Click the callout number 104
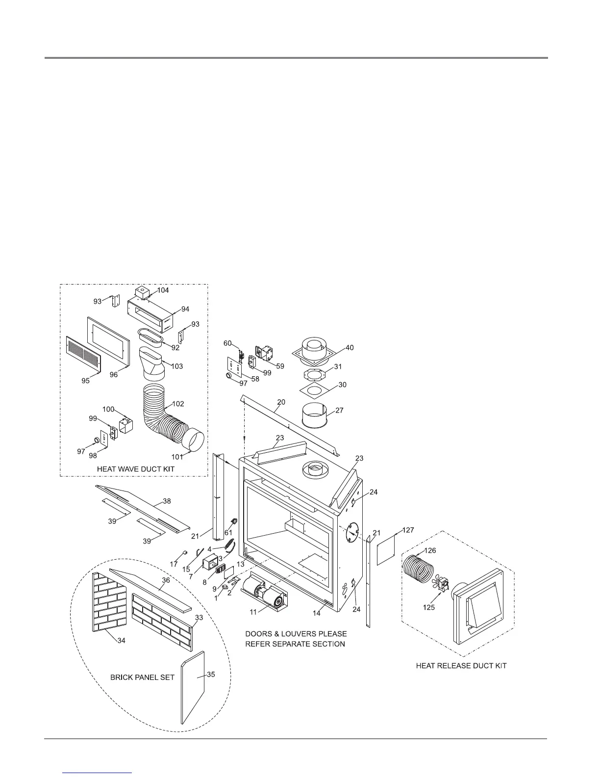click(x=163, y=290)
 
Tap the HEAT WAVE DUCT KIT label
click(x=136, y=469)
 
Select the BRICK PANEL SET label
click(x=142, y=677)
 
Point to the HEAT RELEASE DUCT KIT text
click(x=461, y=666)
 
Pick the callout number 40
click(x=349, y=348)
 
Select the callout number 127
click(x=408, y=530)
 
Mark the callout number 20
click(x=280, y=402)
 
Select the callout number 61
click(x=228, y=533)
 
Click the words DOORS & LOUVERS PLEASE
click(x=296, y=634)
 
